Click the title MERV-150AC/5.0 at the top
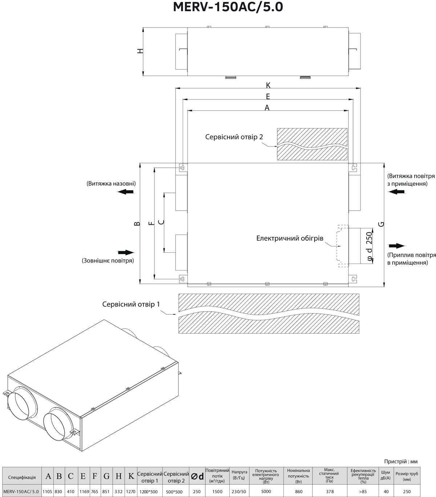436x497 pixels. point(228,7)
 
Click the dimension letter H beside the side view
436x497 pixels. point(140,51)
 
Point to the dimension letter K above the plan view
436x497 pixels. point(268,85)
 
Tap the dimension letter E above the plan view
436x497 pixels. point(268,97)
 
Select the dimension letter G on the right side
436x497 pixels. point(381,224)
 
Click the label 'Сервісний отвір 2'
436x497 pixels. point(234,137)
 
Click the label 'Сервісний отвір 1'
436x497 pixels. point(131,304)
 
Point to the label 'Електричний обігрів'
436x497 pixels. point(290,238)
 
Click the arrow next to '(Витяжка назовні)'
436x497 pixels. point(126,192)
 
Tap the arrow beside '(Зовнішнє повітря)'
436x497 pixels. point(126,252)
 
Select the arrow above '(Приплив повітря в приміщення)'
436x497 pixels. point(397,246)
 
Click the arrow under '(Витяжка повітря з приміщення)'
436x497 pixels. point(397,192)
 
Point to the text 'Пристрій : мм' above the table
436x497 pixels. point(401,461)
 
